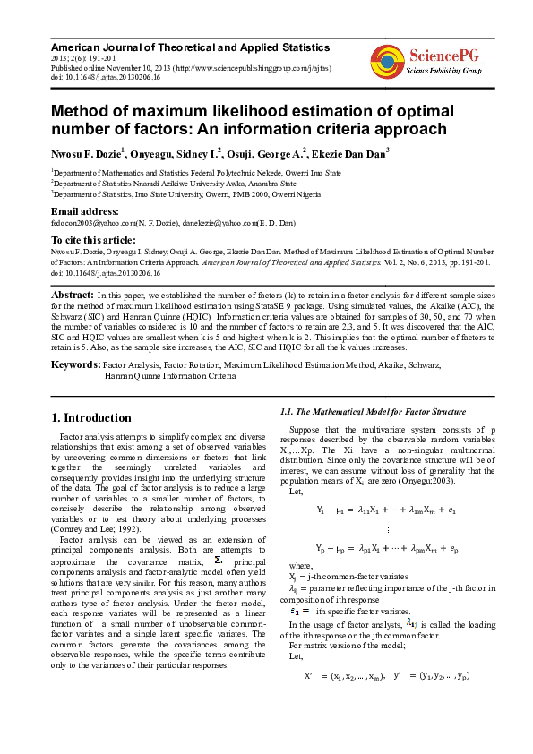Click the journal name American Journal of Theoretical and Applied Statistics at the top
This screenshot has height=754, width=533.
click(190, 46)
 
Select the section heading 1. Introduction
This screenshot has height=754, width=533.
click(91, 417)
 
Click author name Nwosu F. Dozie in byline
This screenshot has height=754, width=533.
click(88, 153)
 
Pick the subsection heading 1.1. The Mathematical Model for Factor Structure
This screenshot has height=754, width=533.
click(374, 411)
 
